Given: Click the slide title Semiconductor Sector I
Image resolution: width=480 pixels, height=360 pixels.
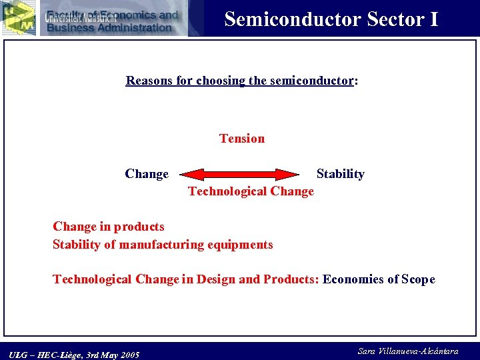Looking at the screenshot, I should coord(331,19).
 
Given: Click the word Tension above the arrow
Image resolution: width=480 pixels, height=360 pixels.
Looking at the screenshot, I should coord(242,139).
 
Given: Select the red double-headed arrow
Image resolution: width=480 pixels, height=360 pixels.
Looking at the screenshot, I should coord(241,175).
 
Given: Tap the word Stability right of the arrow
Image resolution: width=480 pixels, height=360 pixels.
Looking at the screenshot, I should coord(340,174).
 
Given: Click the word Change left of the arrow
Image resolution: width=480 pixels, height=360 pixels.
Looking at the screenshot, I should coord(147,174).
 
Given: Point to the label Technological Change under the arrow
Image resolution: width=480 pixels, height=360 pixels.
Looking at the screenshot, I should coord(251,191).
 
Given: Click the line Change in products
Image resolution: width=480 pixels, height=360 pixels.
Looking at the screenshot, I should coord(109,227).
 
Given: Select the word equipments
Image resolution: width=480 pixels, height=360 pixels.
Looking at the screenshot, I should coord(241,245).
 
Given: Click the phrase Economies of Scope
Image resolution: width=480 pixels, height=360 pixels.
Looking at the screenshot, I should coord(379,279).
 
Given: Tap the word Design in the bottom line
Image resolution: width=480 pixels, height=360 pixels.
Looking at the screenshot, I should coord(215,279).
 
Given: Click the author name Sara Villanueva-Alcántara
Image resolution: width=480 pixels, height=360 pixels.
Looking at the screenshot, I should coord(408,351).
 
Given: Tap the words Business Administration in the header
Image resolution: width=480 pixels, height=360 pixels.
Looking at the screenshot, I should coord(109,27).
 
